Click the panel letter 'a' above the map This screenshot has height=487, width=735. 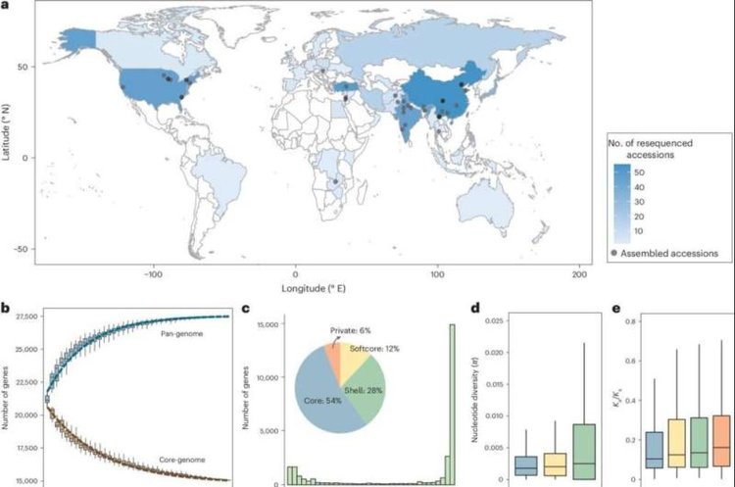point(6,7)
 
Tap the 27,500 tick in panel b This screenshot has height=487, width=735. point(23,317)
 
